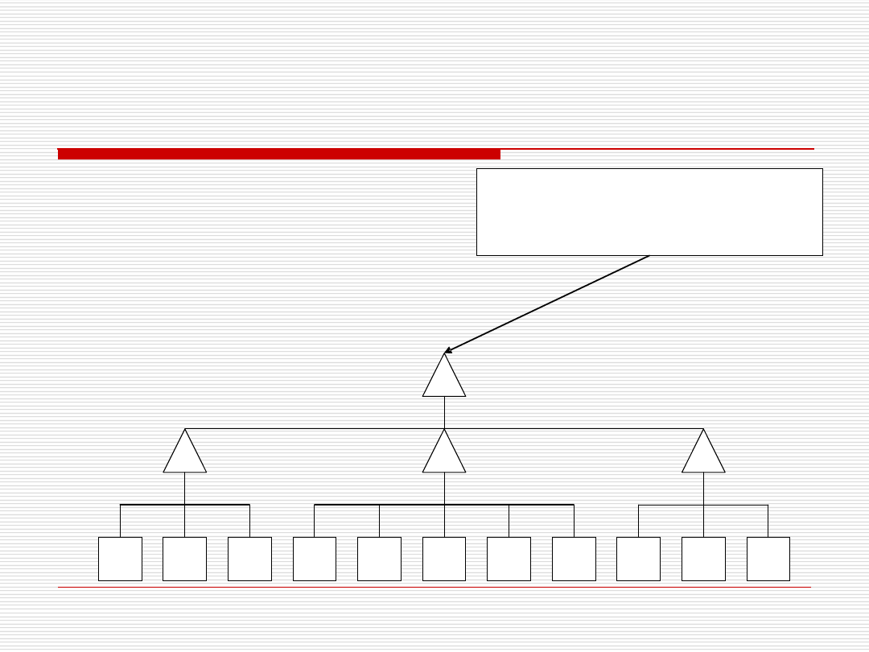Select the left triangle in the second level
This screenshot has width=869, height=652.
tap(184, 456)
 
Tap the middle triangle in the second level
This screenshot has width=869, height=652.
tap(444, 456)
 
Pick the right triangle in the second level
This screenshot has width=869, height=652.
tap(703, 456)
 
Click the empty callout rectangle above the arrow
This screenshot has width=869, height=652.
tap(649, 212)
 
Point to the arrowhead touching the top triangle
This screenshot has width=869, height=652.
tap(448, 351)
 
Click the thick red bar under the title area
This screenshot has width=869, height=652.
tap(278, 154)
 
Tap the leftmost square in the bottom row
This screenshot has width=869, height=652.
tap(120, 559)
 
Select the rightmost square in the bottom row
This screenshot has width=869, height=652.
tap(768, 559)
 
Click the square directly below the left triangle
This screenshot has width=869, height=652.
tap(184, 559)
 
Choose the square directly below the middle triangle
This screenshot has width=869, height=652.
tap(444, 559)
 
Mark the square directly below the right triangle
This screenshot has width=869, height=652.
tap(703, 559)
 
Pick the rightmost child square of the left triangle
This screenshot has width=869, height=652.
tap(249, 559)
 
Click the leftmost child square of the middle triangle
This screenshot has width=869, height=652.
tap(314, 559)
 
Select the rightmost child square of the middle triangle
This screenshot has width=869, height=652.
tap(574, 559)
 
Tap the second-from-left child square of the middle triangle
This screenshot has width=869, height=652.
tap(379, 559)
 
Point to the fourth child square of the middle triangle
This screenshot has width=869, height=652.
tap(509, 559)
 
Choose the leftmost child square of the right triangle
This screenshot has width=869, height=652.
tap(638, 559)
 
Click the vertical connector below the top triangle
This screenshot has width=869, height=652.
tap(444, 412)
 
